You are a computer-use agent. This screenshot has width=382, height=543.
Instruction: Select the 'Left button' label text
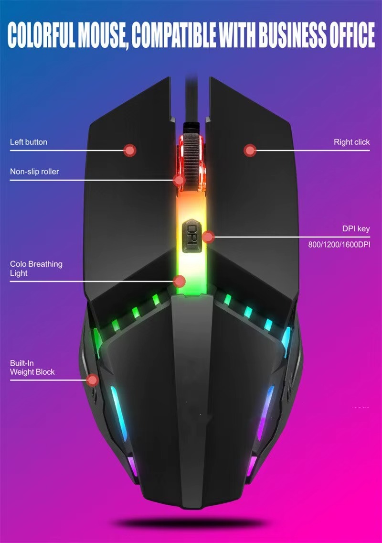(28, 142)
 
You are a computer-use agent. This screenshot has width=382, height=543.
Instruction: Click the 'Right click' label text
(351, 142)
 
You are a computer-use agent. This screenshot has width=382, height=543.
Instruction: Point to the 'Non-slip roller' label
(34, 172)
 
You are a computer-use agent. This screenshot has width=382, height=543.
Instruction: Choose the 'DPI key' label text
(356, 228)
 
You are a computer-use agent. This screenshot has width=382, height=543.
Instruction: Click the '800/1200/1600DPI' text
(339, 244)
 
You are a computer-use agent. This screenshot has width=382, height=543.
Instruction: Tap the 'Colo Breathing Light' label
(36, 268)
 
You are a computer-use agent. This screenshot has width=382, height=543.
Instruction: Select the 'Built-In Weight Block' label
(32, 368)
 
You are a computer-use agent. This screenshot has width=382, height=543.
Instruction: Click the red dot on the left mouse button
(130, 150)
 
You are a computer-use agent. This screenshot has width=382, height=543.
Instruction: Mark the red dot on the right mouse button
(250, 150)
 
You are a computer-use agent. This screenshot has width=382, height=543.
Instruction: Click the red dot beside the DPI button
(208, 237)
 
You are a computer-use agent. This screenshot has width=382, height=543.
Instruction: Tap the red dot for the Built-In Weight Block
(92, 380)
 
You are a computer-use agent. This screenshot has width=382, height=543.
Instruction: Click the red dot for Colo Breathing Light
(179, 281)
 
